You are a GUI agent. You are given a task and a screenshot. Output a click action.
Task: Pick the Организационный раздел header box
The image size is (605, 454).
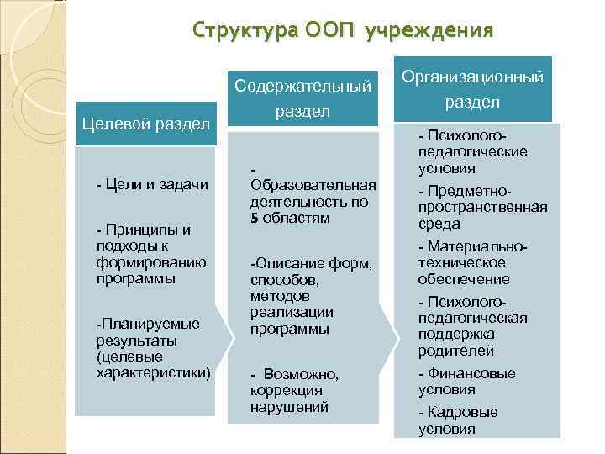(x=472, y=89)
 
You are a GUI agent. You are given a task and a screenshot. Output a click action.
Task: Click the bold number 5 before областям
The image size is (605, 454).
(x=253, y=218)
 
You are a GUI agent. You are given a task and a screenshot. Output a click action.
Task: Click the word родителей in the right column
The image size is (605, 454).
(x=456, y=350)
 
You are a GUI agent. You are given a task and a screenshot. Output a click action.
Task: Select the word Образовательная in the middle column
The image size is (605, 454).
(x=313, y=185)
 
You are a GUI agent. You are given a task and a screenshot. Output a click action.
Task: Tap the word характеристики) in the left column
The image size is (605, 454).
(x=153, y=370)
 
